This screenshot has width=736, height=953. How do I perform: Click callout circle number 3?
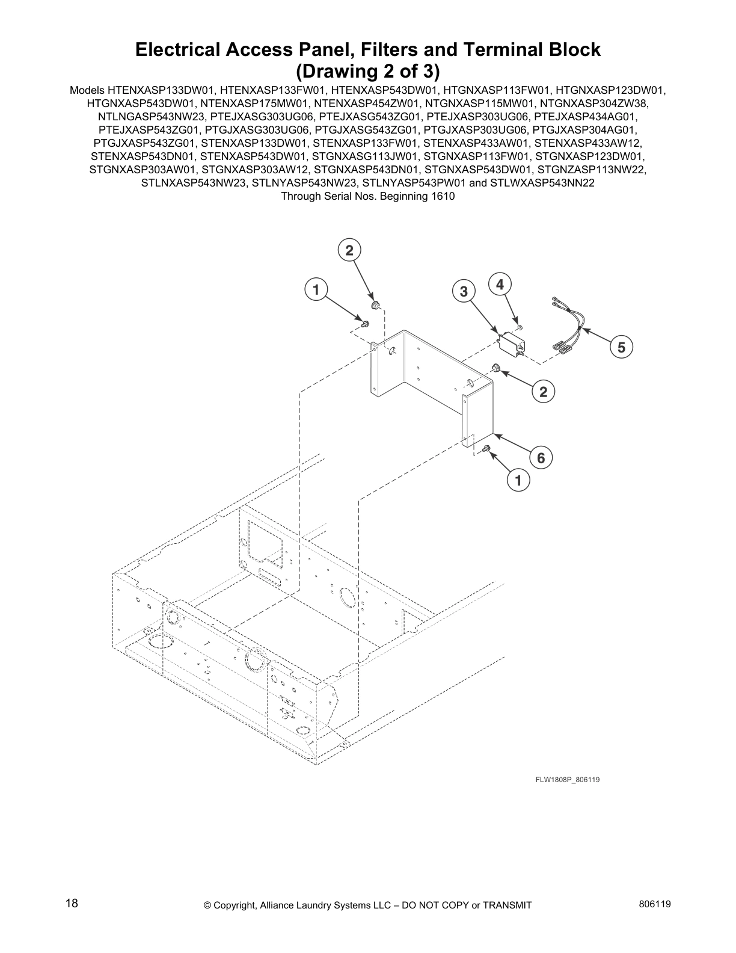464,292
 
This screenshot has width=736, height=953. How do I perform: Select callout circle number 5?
621,347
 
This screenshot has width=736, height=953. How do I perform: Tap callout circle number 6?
541,458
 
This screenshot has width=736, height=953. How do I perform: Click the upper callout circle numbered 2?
349,250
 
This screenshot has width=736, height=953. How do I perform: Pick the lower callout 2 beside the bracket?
543,392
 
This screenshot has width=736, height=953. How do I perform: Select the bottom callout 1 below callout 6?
518,480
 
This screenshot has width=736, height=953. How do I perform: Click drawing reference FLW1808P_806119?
568,780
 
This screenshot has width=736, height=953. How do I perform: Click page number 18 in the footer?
72,904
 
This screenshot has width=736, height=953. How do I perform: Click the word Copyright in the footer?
235,905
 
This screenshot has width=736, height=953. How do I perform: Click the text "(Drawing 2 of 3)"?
368,71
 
